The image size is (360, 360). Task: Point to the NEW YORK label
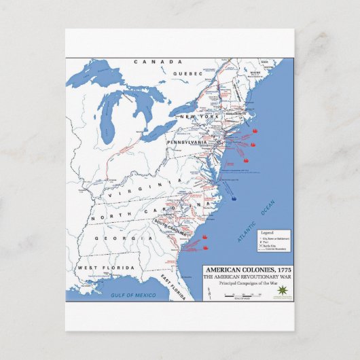pos(197,118)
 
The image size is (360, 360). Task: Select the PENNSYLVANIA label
pos(188,143)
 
